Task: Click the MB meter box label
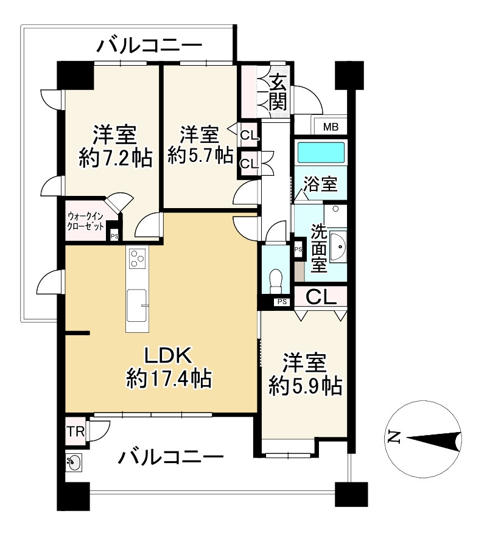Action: [330, 127]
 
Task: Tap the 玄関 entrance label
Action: [278, 92]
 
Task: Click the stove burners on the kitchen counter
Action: [138, 260]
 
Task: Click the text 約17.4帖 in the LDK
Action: [169, 380]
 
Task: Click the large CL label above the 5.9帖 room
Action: [321, 298]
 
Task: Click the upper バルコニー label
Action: [149, 46]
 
